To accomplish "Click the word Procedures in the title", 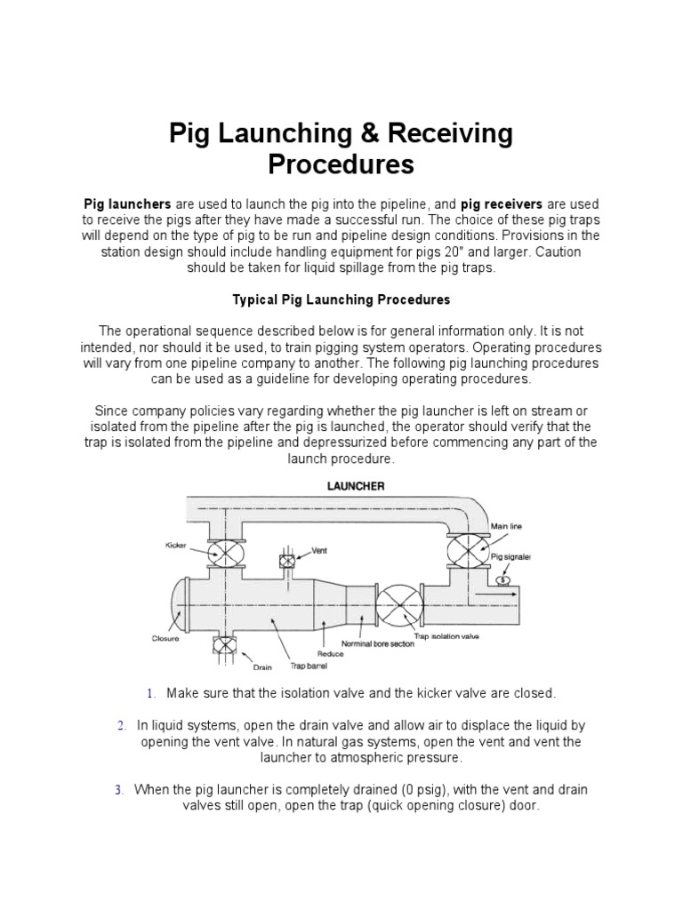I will pyautogui.click(x=341, y=165).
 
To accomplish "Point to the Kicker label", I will pyautogui.click(x=175, y=544).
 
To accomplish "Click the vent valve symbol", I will pyautogui.click(x=286, y=561).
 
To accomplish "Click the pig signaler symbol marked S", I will pyautogui.click(x=504, y=579).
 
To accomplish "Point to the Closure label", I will pyautogui.click(x=165, y=638).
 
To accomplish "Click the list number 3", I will pyautogui.click(x=118, y=790).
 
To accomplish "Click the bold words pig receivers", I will pyautogui.click(x=502, y=204).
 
